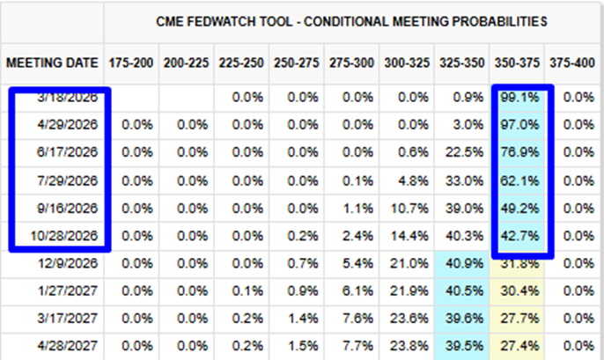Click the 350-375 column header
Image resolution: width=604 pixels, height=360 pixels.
click(x=517, y=62)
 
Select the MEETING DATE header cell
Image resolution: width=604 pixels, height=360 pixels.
click(x=52, y=62)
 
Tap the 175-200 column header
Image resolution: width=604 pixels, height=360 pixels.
click(x=131, y=62)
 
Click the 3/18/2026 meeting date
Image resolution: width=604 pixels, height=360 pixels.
click(x=68, y=98)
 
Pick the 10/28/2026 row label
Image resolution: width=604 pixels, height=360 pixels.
click(x=64, y=236)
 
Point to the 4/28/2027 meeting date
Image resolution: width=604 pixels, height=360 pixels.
click(x=68, y=346)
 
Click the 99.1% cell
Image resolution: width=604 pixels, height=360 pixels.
click(x=519, y=98)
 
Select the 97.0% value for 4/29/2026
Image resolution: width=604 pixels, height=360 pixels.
click(x=519, y=125)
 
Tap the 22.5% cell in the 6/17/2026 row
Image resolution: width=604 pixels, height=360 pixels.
click(x=464, y=152)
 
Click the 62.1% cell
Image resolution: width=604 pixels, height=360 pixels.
click(x=519, y=180)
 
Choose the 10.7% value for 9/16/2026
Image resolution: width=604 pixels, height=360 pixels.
click(x=409, y=209)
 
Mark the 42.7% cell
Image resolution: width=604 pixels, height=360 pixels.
click(x=519, y=236)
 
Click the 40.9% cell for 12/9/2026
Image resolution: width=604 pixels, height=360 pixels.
click(x=464, y=263)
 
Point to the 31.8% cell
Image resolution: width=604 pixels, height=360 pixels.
click(x=519, y=263)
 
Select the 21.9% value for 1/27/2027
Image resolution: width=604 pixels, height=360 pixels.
click(x=409, y=290)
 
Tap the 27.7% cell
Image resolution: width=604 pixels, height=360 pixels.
click(x=519, y=319)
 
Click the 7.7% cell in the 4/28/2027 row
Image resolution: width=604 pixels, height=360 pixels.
click(x=357, y=346)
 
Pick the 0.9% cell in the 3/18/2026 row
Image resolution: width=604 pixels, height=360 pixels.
click(x=468, y=98)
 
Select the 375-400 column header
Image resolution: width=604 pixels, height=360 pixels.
click(x=572, y=62)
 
